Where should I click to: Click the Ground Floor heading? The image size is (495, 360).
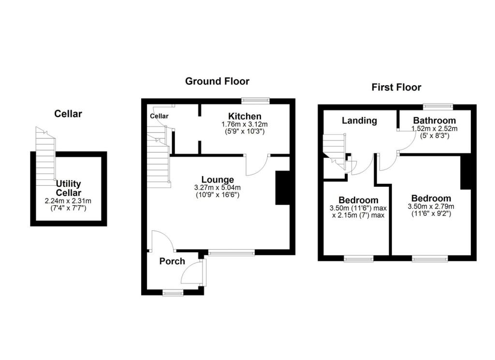(x=217, y=81)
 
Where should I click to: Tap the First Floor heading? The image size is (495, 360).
(x=396, y=88)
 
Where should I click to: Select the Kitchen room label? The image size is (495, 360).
(x=245, y=116)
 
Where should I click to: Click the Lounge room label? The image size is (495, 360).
(x=218, y=180)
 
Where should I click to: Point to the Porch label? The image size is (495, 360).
(x=172, y=261)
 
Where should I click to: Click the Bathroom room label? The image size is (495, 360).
(x=434, y=120)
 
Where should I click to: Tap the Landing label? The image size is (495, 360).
(x=359, y=120)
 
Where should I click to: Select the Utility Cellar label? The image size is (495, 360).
(x=68, y=188)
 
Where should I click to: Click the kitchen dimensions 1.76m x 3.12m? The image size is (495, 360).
(x=244, y=124)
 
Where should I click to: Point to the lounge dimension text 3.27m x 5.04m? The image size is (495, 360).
(x=218, y=188)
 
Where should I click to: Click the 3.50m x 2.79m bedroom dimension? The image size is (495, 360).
(x=431, y=207)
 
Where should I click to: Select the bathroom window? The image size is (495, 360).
(x=437, y=106)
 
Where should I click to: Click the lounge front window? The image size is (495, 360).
(x=232, y=252)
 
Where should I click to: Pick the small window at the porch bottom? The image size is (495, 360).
(x=173, y=292)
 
